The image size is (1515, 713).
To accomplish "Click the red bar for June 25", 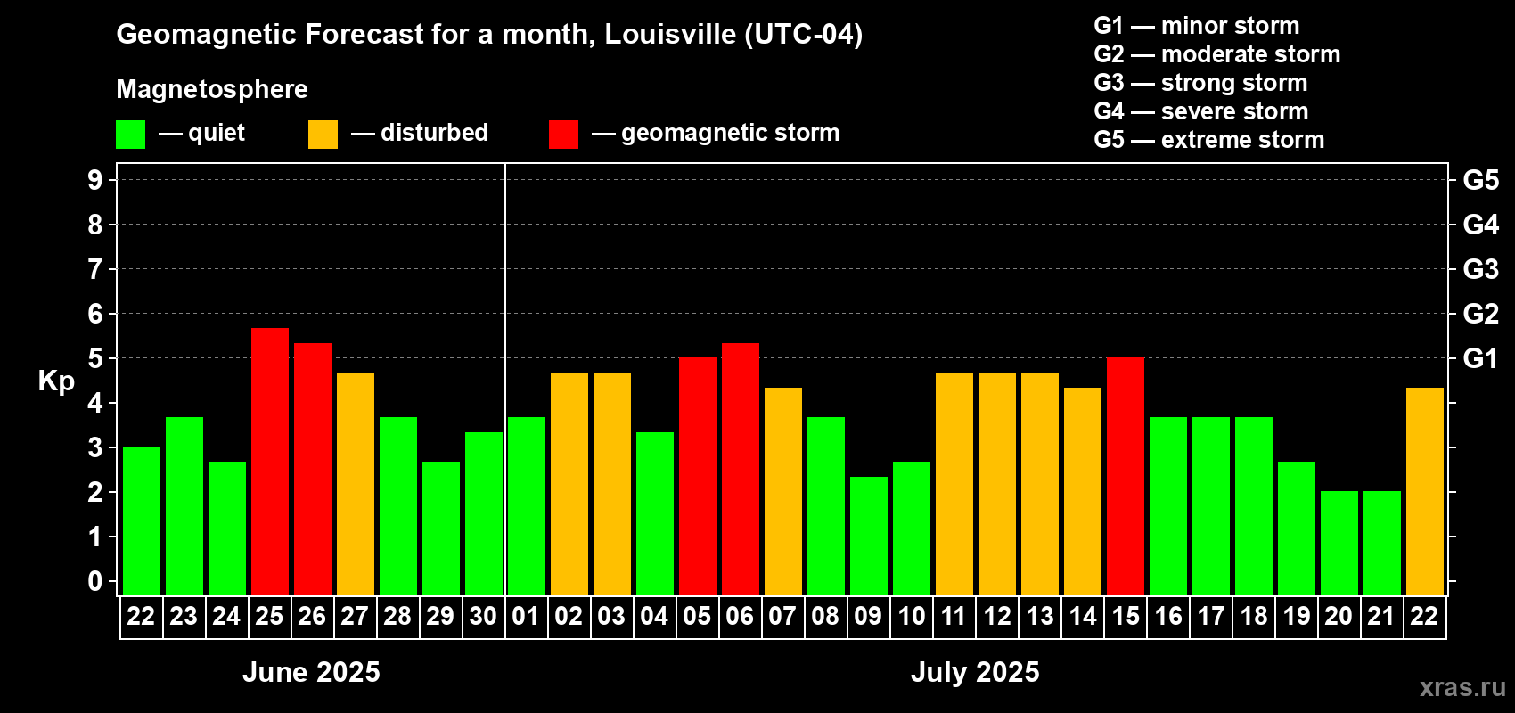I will click(x=270, y=462).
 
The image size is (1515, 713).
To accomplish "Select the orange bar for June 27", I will click(x=356, y=484).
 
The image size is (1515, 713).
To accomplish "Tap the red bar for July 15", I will click(x=1126, y=477).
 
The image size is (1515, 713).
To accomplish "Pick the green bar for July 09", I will click(x=869, y=536).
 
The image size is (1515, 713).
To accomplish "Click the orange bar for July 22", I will click(x=1425, y=491).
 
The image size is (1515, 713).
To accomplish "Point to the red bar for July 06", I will click(x=741, y=469).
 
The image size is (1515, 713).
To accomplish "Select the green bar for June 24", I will click(x=227, y=529).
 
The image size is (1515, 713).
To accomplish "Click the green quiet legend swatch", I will click(x=131, y=135).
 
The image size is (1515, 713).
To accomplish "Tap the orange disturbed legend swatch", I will click(x=323, y=135).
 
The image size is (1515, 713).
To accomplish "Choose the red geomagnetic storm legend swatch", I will click(x=563, y=135).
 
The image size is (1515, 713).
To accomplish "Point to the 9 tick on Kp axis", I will click(x=95, y=180).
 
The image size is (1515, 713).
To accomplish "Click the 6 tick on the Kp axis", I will click(x=95, y=314).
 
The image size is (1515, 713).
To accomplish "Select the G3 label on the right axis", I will click(x=1480, y=269).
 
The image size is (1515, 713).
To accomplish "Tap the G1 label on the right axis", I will click(x=1480, y=358).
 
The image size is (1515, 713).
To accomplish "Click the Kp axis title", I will click(x=56, y=381).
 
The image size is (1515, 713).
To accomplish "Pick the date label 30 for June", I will click(x=483, y=617).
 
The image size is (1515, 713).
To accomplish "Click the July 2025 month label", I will click(x=975, y=672).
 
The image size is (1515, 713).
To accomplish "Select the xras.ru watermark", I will click(x=1462, y=686).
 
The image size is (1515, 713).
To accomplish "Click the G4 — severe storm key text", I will click(x=1201, y=111).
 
